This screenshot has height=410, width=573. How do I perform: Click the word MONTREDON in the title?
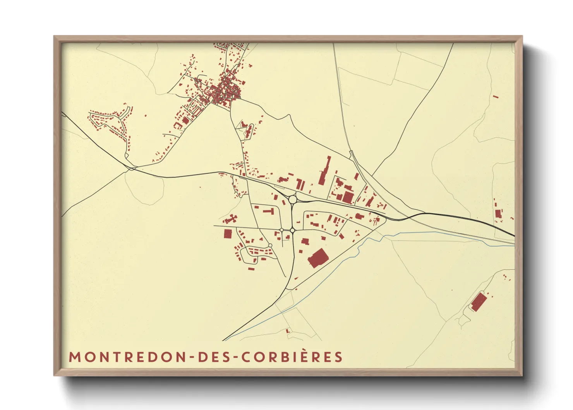pos(127,357)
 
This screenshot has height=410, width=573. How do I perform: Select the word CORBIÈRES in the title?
pos(292,357)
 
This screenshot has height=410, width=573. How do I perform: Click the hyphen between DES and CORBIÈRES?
pos(235,357)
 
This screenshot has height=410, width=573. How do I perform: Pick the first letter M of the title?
pos(74,357)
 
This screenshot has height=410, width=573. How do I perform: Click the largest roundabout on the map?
pos(293,199)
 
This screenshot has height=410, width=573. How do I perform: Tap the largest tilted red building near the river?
pos(318,258)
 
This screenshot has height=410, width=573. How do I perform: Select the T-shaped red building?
pos(269,212)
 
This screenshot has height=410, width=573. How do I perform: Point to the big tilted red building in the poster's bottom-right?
pos(479,301)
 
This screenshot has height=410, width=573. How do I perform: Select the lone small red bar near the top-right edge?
pos(496,96)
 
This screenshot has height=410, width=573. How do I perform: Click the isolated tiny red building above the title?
pos(287,331)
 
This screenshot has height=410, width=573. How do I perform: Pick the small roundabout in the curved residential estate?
pos(270,246)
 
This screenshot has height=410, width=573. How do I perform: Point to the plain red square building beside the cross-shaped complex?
pos(228,234)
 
